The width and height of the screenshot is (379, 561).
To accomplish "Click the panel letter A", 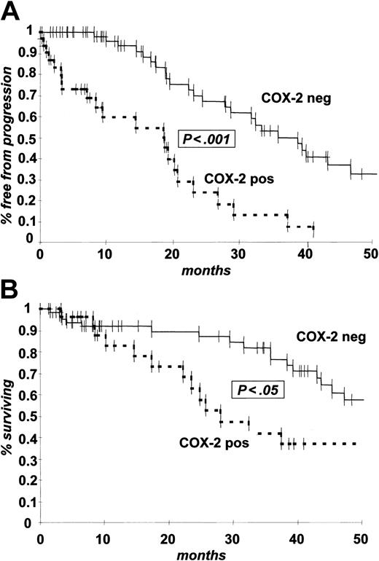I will (x=12, y=12).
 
